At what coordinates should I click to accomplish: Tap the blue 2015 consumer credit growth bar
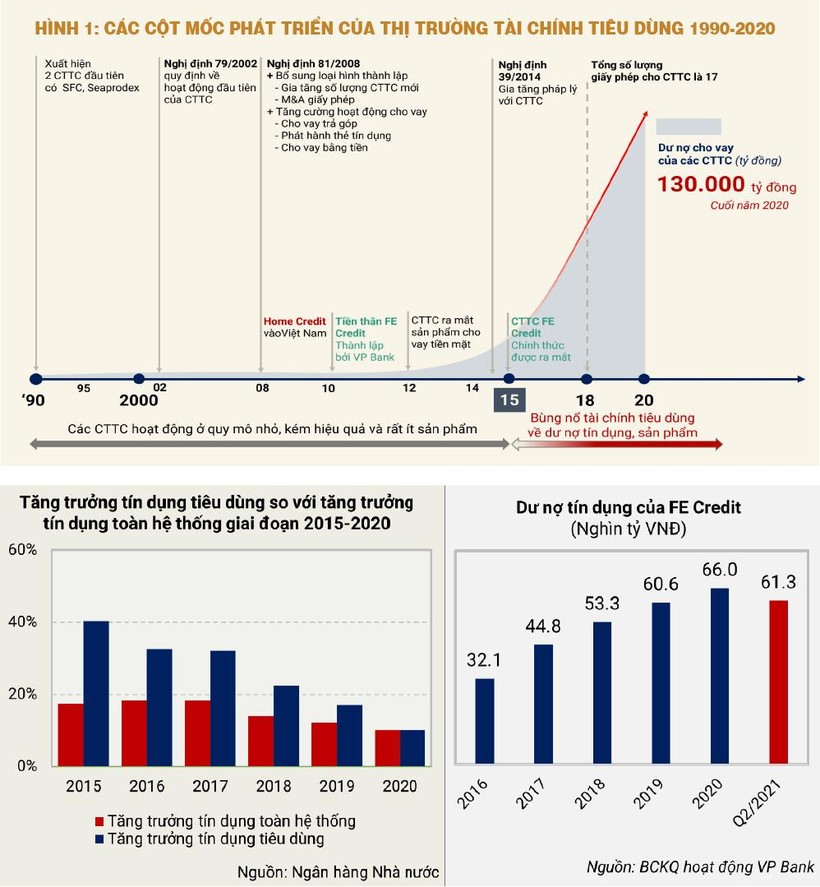click(x=96, y=693)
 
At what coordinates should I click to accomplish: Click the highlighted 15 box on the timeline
click(x=509, y=401)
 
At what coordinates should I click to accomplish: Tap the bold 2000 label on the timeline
click(x=138, y=400)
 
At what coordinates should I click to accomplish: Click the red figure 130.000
click(x=700, y=184)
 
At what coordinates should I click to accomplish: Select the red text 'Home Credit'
click(x=294, y=321)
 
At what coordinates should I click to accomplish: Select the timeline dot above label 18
click(x=587, y=379)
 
